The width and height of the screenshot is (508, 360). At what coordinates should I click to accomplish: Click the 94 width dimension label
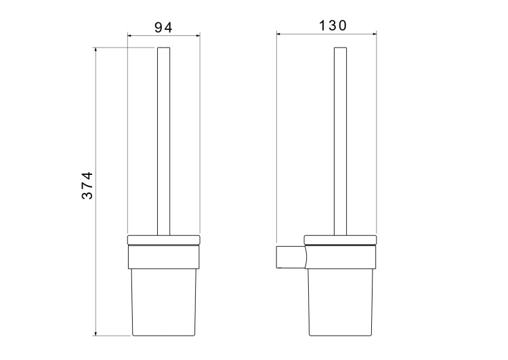click(x=163, y=28)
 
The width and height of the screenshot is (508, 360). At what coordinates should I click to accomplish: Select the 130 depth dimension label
click(x=333, y=26)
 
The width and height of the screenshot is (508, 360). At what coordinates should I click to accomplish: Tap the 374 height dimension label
click(x=87, y=186)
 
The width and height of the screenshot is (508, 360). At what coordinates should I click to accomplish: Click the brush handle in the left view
click(x=164, y=142)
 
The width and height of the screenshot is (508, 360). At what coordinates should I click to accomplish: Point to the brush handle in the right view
click(x=340, y=142)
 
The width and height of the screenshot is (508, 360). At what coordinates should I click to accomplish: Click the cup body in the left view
click(x=164, y=302)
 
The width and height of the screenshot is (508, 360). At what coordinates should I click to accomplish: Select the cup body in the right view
click(x=341, y=302)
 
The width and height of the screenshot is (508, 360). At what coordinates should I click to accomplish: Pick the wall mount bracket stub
click(x=291, y=257)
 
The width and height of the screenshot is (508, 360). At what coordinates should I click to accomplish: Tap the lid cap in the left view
click(x=164, y=240)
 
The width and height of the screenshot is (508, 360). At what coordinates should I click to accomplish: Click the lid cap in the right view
click(x=340, y=240)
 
